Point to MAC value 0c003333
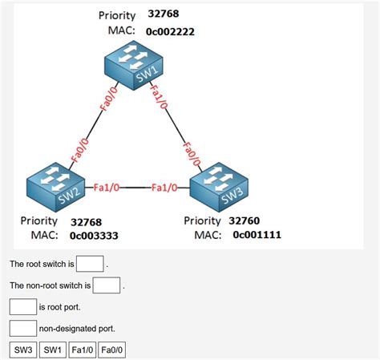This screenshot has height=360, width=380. tap(94, 237)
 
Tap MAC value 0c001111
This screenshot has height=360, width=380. tap(257, 236)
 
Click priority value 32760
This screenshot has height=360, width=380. tap(244, 220)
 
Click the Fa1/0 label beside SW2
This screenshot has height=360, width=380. tap(106, 188)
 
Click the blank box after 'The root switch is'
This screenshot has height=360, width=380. tap(90, 264)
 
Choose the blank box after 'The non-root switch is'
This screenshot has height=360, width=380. tap(107, 285)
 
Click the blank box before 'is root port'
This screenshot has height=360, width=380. tap(23, 306)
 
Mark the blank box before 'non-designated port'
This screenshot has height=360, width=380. tap(23, 328)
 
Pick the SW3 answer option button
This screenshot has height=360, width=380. tap(22, 350)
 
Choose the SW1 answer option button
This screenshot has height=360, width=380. tap(52, 350)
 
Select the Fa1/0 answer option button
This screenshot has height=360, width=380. tap(82, 350)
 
